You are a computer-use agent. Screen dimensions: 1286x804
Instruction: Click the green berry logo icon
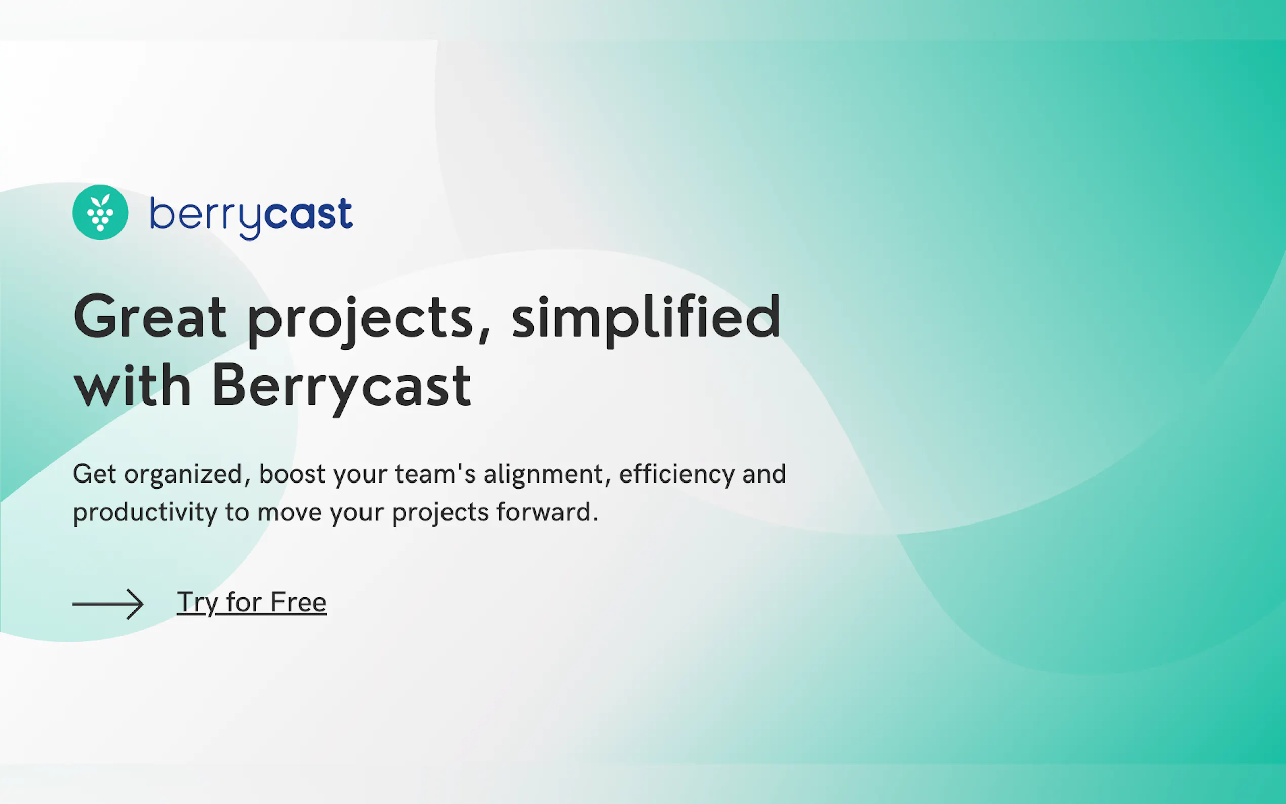(x=100, y=212)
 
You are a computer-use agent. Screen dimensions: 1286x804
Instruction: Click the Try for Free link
(x=252, y=603)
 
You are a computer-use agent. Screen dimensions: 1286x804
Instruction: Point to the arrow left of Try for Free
(x=108, y=604)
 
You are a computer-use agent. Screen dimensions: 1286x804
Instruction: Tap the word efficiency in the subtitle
(x=677, y=475)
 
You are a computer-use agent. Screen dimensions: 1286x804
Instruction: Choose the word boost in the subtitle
(x=292, y=474)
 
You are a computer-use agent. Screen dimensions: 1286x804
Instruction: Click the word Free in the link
(x=298, y=602)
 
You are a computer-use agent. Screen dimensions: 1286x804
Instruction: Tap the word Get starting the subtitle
(x=94, y=474)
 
